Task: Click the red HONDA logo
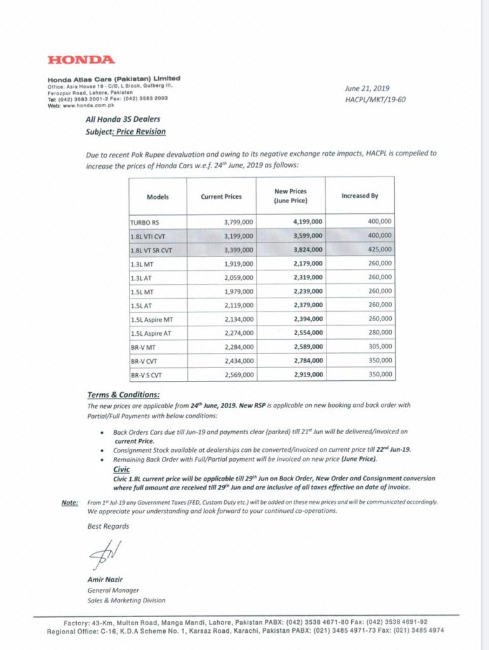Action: click(x=81, y=60)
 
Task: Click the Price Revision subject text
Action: click(x=141, y=131)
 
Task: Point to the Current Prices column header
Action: click(x=221, y=197)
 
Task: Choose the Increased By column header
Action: click(x=359, y=196)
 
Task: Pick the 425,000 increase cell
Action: click(x=379, y=249)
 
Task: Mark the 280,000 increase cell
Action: click(x=379, y=333)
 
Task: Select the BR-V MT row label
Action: click(x=144, y=347)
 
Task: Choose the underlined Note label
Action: click(x=70, y=502)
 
